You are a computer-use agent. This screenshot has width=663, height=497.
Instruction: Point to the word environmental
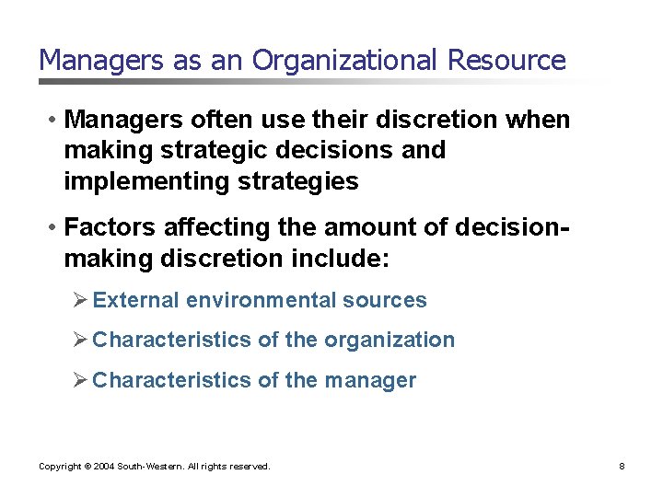(262, 300)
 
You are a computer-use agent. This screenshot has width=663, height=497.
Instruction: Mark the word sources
(385, 300)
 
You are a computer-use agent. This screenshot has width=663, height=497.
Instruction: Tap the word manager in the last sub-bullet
(370, 380)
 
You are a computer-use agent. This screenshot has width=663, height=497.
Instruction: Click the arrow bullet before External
(80, 300)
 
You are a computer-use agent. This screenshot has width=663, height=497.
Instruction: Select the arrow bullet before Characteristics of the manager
(80, 380)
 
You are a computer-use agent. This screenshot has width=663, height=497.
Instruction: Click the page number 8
(622, 467)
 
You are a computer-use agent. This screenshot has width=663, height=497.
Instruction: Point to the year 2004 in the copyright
(103, 467)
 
